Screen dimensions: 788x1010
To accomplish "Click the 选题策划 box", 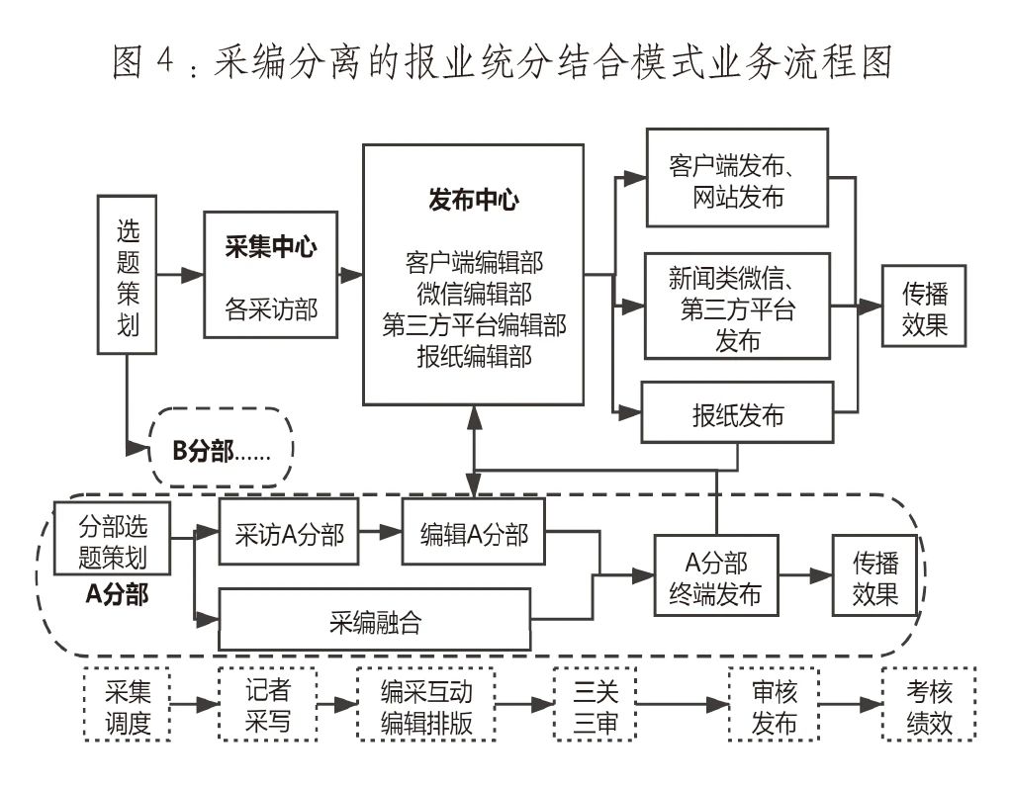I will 128,274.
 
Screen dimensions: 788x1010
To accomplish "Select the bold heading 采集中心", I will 270,247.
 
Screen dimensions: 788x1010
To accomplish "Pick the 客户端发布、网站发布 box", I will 736,179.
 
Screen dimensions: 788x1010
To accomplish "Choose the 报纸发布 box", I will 737,413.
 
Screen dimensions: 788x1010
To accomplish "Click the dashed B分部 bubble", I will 222,452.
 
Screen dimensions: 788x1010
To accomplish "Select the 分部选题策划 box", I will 112,540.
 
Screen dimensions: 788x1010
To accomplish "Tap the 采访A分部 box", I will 289,535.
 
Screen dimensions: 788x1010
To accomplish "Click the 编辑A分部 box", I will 473,535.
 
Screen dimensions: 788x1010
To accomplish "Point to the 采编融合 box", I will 374,622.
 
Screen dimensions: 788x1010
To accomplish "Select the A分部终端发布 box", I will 715,577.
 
